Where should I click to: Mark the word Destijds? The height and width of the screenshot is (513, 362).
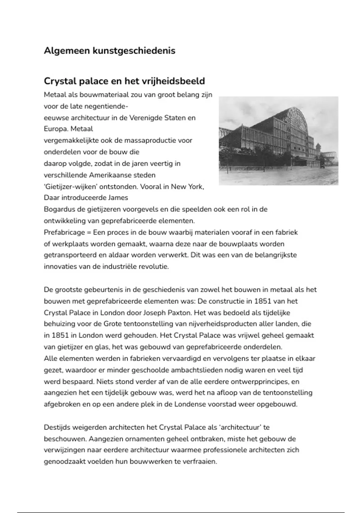click(58, 427)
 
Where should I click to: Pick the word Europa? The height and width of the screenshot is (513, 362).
click(56, 129)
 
